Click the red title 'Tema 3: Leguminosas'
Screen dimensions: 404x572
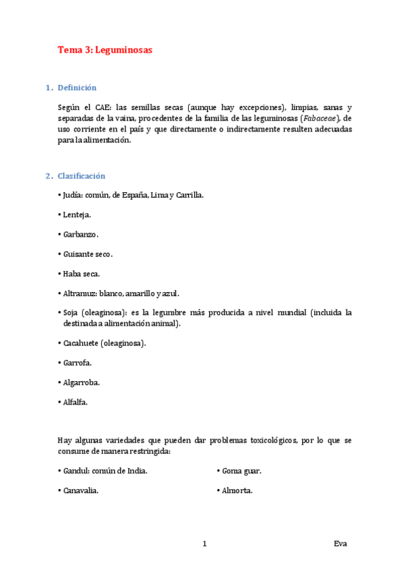105,50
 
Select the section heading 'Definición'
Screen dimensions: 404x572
77,88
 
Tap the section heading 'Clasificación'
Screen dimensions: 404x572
82,176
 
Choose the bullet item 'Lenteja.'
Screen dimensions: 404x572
76,214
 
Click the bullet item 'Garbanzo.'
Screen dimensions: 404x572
80,234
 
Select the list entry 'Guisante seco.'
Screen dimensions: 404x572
88,254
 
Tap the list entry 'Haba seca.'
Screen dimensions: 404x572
82,274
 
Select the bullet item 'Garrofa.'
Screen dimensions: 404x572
78,363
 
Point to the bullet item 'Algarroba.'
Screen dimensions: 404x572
81,382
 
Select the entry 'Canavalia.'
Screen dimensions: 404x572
80,490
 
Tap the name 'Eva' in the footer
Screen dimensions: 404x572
340,544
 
